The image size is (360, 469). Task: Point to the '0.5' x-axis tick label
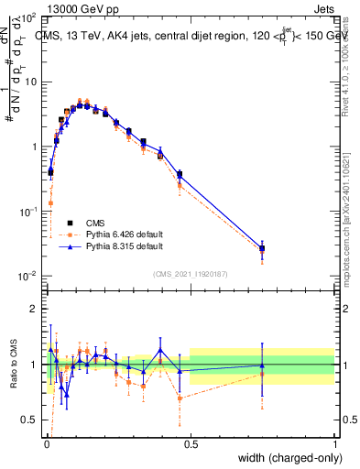pos(191,443)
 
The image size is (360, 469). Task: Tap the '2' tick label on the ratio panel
pos(37,309)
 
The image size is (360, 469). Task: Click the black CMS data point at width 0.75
pos(263,248)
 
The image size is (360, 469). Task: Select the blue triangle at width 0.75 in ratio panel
pos(263,365)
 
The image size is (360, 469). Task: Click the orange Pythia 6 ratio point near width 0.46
pos(180,398)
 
